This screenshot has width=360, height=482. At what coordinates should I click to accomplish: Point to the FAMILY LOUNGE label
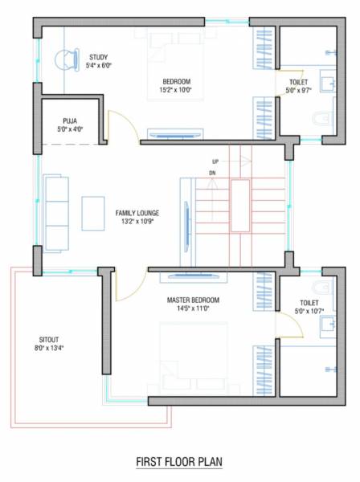coord(137,213)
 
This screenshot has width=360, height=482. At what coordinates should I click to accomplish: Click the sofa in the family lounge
coord(55,213)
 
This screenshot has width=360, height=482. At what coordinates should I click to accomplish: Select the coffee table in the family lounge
coord(92,213)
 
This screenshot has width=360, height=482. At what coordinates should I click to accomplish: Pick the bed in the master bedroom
coord(193,353)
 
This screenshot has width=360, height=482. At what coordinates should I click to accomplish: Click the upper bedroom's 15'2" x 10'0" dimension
coord(177,91)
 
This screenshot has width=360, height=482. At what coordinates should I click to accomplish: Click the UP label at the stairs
coord(215,161)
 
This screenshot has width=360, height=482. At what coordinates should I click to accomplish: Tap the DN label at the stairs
coord(212,173)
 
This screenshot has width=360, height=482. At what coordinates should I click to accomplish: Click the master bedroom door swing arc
coord(129,285)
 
